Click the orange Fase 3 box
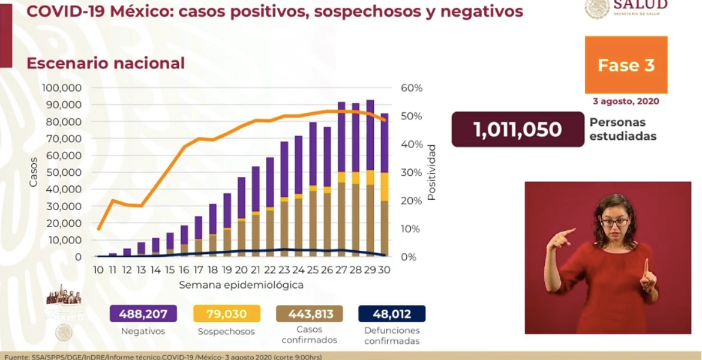pyautogui.click(x=626, y=65)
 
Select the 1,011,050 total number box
pyautogui.click(x=517, y=129)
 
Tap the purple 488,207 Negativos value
pyautogui.click(x=143, y=314)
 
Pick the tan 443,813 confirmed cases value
pyautogui.click(x=309, y=314)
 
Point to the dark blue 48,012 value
pyautogui.click(x=391, y=314)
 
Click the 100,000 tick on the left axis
pyautogui.click(x=62, y=88)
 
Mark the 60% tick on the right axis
pyautogui.click(x=412, y=88)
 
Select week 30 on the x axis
pyautogui.click(x=384, y=270)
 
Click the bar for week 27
pyautogui.click(x=341, y=180)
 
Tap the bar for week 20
pyautogui.click(x=241, y=217)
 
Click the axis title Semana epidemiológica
pyautogui.click(x=241, y=284)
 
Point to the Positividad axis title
pyautogui.click(x=431, y=172)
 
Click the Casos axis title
pyautogui.click(x=34, y=172)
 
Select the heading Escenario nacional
pyautogui.click(x=106, y=63)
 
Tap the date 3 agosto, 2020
pyautogui.click(x=626, y=101)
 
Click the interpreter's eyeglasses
pyautogui.click(x=614, y=222)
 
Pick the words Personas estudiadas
pyautogui.click(x=622, y=129)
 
